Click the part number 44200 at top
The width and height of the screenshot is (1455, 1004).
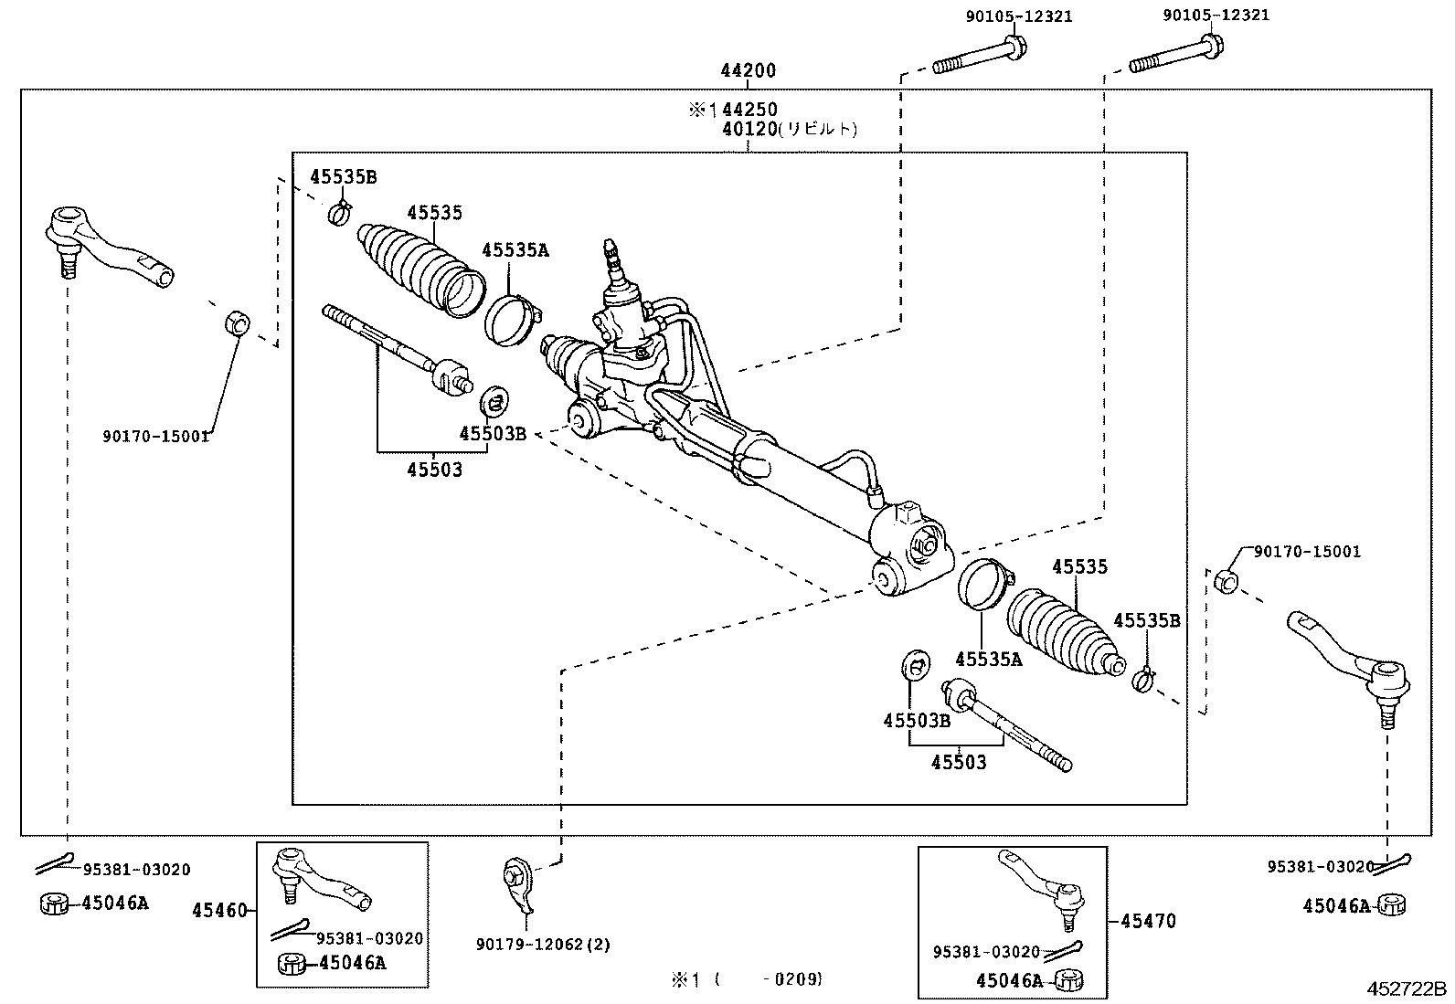pos(748,71)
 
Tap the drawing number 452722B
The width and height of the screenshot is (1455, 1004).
pos(1407,989)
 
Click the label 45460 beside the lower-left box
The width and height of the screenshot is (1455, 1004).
pos(219,911)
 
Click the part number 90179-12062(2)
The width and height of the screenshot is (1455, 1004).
pos(543,944)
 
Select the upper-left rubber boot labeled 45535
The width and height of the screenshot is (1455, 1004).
pos(420,265)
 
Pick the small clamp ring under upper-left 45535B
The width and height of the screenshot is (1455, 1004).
pos(339,214)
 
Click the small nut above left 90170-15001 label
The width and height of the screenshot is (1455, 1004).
pos(236,322)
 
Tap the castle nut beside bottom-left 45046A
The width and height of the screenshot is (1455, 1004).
pos(55,904)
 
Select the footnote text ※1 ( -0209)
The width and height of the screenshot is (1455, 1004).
pos(747,979)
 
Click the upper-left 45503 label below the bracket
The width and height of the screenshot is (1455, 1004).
pos(434,470)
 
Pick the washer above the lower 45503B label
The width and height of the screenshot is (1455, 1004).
pos(915,665)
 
